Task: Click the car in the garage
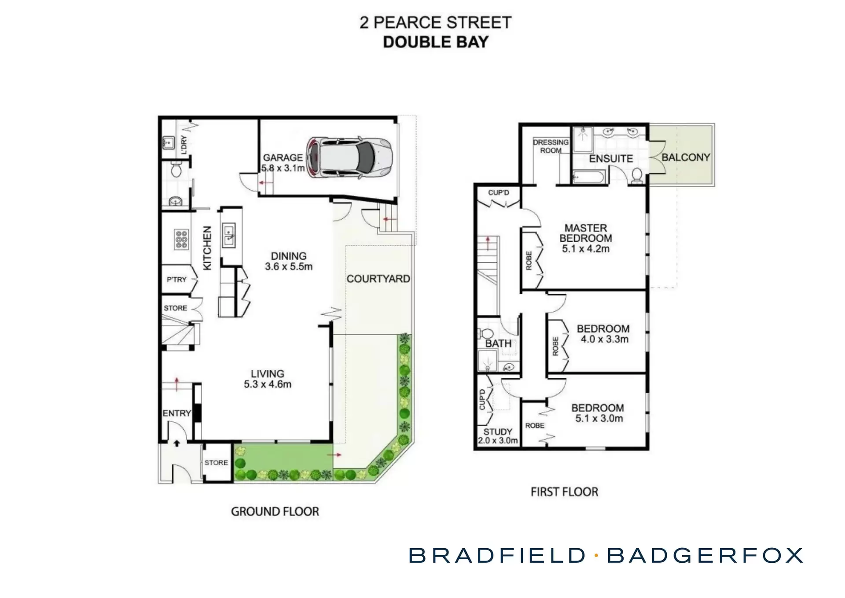(x=350, y=157)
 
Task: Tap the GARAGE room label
(x=283, y=158)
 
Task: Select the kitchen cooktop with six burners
(x=181, y=239)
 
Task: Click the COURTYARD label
(x=378, y=279)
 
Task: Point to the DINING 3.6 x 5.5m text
(x=289, y=261)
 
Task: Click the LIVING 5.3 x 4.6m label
(x=268, y=379)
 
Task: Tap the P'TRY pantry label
(x=176, y=279)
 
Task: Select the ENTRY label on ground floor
(x=176, y=413)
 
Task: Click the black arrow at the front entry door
(x=176, y=443)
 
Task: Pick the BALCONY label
(x=686, y=157)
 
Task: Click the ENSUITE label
(x=611, y=159)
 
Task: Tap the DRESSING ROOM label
(x=551, y=146)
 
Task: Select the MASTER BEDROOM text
(x=585, y=233)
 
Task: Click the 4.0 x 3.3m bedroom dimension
(x=604, y=339)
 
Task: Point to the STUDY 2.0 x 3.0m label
(x=498, y=436)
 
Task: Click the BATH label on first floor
(x=498, y=343)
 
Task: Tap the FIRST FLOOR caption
(x=564, y=492)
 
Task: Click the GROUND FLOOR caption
(x=275, y=512)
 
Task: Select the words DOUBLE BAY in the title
(x=436, y=42)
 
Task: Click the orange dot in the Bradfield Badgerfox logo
(x=596, y=556)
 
